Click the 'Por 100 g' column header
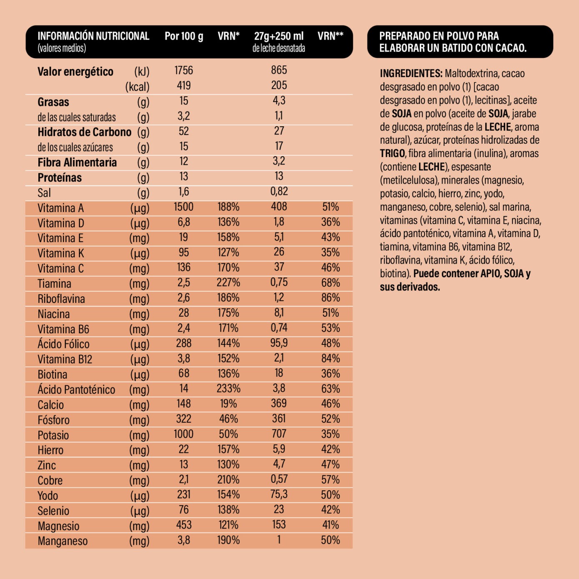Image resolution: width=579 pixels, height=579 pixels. point(184,36)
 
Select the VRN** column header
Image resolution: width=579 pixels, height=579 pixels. point(330,36)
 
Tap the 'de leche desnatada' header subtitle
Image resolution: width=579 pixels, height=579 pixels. point(279,48)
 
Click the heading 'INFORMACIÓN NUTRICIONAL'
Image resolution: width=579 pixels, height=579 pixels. point(93,36)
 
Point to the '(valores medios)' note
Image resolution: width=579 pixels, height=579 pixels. point(62,48)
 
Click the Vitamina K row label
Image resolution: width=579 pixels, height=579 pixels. point(61,253)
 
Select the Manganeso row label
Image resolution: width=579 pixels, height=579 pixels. point(62,541)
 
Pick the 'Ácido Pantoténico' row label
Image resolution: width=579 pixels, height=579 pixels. point(76,389)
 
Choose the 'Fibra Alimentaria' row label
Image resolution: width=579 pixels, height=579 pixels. point(77,162)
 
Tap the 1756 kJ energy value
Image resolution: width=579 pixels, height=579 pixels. point(184,70)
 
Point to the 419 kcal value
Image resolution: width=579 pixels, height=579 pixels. point(184,85)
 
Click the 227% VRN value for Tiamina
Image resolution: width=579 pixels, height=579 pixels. point(228,282)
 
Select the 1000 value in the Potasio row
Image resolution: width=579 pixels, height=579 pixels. point(184,434)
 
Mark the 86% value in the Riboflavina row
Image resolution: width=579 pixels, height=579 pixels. point(330,298)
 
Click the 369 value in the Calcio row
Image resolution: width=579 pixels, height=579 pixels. point(279,404)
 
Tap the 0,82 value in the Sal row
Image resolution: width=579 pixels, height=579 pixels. point(279,192)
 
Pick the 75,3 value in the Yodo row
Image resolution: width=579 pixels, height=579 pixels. point(279,494)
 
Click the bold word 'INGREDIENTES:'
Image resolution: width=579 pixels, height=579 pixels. point(411,74)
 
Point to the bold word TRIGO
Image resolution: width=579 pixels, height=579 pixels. point(392,154)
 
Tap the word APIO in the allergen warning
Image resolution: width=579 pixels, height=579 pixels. point(490,274)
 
